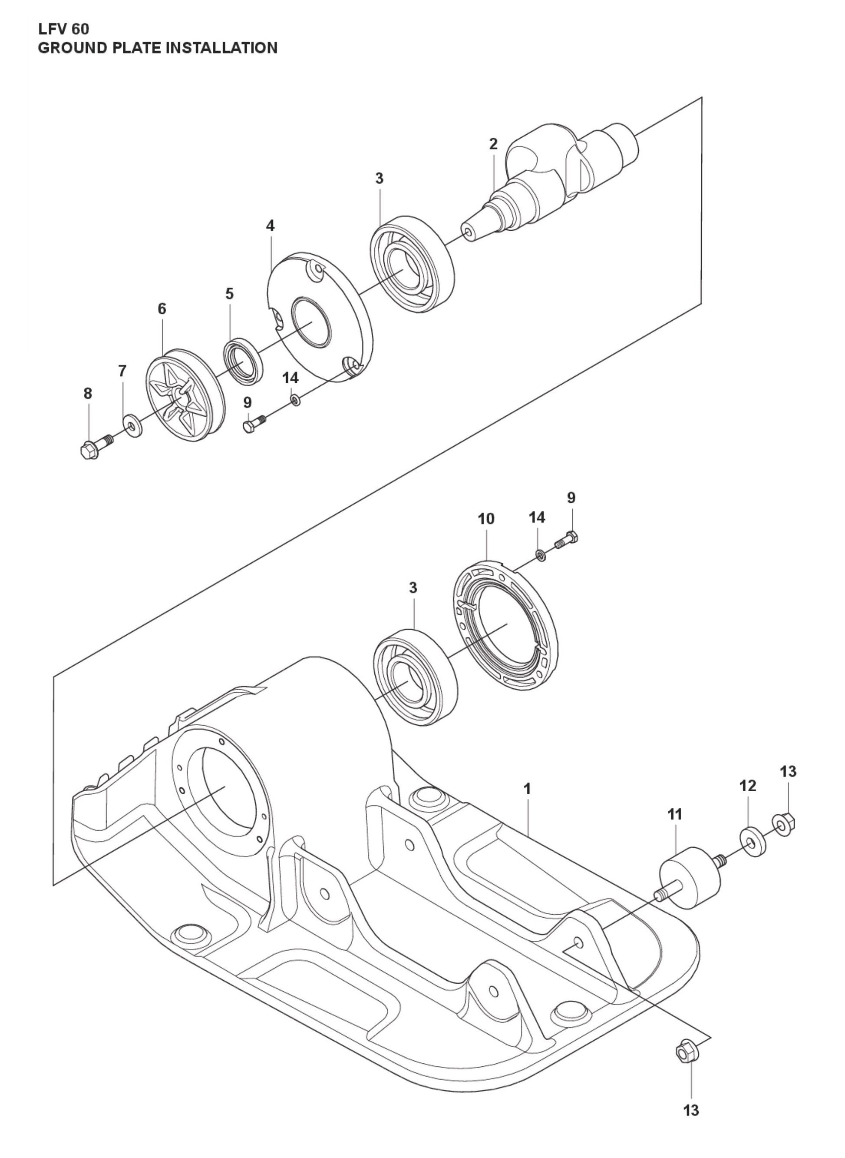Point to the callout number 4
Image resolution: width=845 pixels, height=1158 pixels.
(270, 225)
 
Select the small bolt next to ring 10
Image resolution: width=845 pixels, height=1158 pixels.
(566, 541)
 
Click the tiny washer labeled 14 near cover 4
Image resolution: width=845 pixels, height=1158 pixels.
(295, 400)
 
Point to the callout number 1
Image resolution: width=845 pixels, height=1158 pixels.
(527, 789)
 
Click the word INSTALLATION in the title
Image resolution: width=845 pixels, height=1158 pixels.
(222, 48)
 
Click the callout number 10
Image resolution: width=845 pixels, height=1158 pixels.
(486, 519)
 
